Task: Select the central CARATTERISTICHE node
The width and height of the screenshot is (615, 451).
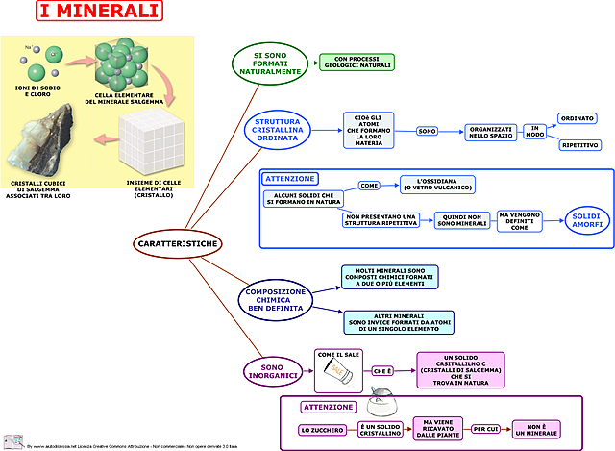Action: [176, 244]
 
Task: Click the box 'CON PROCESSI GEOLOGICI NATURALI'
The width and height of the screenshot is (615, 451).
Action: [357, 63]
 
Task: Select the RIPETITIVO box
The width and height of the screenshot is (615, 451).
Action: [579, 145]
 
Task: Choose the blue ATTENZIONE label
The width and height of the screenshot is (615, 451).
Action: [290, 179]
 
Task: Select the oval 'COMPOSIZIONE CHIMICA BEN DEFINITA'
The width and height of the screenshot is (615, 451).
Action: [276, 299]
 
